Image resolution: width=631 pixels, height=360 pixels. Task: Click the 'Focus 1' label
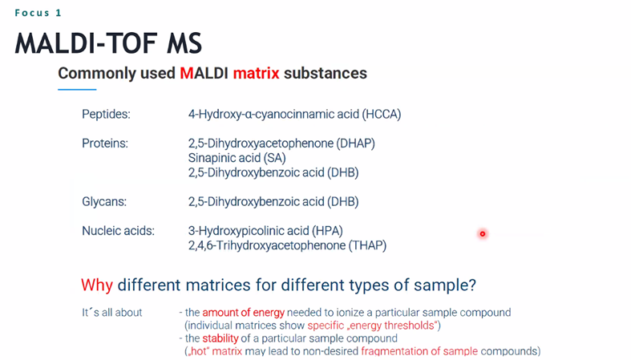point(38,13)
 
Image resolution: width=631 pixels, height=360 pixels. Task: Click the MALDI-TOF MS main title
point(108,43)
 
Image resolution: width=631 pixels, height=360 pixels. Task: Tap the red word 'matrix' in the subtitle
point(256,73)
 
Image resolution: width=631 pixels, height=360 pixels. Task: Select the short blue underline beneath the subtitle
point(77,89)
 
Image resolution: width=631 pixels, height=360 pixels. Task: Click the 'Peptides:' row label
point(107,114)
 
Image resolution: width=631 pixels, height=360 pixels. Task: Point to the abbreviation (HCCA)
point(382,114)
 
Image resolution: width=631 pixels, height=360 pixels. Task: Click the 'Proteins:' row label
point(105,144)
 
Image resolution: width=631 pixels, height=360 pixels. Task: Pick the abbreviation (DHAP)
point(356,144)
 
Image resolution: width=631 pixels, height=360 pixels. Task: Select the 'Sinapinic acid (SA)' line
point(237,158)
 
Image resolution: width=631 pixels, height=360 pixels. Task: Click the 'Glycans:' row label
point(104,201)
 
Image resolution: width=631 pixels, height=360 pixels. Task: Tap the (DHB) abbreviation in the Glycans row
point(342,201)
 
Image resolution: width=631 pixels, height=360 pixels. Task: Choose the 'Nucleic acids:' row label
point(119,231)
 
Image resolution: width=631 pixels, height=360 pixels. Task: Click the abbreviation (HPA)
point(327,231)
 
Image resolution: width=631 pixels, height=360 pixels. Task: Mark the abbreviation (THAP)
point(367,245)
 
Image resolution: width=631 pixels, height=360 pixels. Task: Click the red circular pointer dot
point(483,233)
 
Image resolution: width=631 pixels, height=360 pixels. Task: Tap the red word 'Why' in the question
point(96,285)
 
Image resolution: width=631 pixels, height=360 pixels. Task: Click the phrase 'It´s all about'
point(112,313)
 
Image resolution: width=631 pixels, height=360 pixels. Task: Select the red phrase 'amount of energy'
point(244,313)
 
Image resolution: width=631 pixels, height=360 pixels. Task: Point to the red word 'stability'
point(220,338)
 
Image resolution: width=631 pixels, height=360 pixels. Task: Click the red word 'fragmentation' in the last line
point(394,351)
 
